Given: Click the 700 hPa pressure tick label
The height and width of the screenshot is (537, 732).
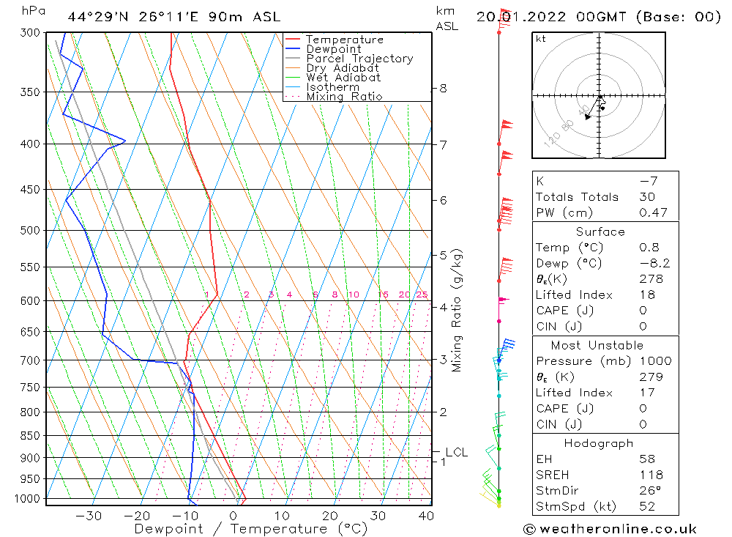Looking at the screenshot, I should point(29,360).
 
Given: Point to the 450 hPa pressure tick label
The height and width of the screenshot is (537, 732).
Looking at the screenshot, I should point(29,189).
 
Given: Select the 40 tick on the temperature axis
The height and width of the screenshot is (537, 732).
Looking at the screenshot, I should point(425,516).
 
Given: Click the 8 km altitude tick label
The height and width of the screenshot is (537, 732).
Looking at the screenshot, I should point(444,89).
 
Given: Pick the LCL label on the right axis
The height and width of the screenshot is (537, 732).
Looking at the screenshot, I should point(456,453).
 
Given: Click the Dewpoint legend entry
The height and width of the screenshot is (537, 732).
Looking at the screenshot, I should point(333,49).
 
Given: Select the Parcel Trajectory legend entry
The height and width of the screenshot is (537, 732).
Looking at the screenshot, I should point(359,59).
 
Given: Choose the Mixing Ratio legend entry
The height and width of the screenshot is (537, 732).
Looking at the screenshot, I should point(344,97).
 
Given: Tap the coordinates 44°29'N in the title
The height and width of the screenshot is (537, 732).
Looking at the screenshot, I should point(101,16).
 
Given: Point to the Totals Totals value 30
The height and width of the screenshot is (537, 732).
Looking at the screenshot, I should point(647,196).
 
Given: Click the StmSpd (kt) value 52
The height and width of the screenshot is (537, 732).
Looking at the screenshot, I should point(647,506).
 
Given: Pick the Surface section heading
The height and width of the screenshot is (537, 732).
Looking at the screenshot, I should point(600,232).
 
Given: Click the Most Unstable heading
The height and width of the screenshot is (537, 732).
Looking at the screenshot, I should point(597,345).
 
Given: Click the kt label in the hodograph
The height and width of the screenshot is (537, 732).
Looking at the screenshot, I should point(540,39).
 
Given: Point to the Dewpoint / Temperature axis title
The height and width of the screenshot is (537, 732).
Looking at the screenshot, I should point(251,528).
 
